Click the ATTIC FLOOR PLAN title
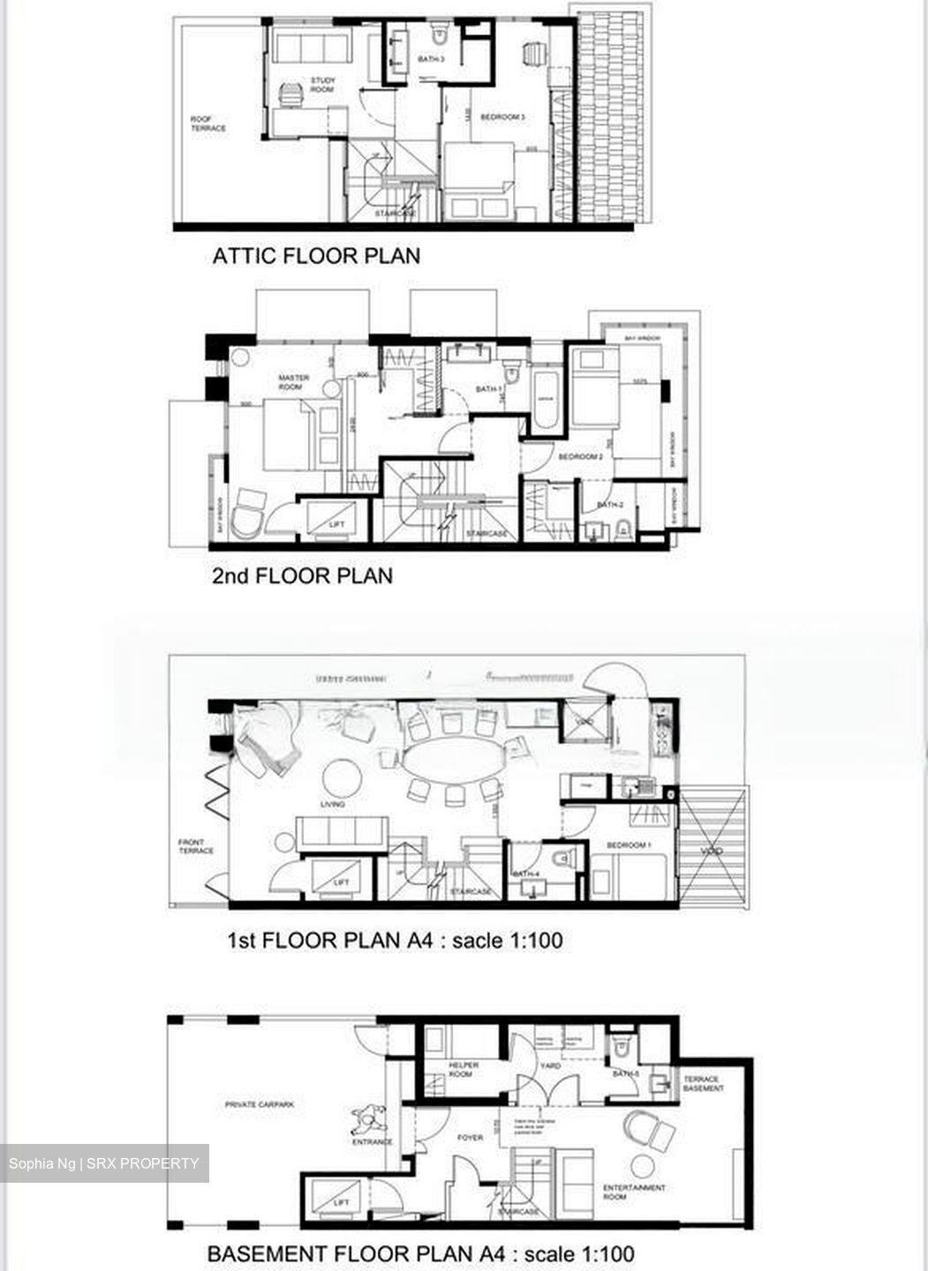click(x=316, y=256)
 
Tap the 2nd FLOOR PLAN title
click(x=302, y=576)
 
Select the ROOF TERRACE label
click(x=208, y=124)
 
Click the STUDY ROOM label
click(x=323, y=86)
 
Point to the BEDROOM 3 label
click(x=502, y=117)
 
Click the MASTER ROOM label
click(x=294, y=382)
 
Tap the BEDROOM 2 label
click(x=580, y=456)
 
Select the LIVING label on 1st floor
click(x=333, y=804)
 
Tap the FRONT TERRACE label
click(x=196, y=846)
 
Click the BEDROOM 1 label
click(x=628, y=845)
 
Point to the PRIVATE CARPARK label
click(x=260, y=1104)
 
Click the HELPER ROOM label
click(x=464, y=1070)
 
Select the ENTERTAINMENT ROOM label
click(x=634, y=1192)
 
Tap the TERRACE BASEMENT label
click(x=703, y=1083)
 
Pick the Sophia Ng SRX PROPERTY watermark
click(x=104, y=1163)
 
